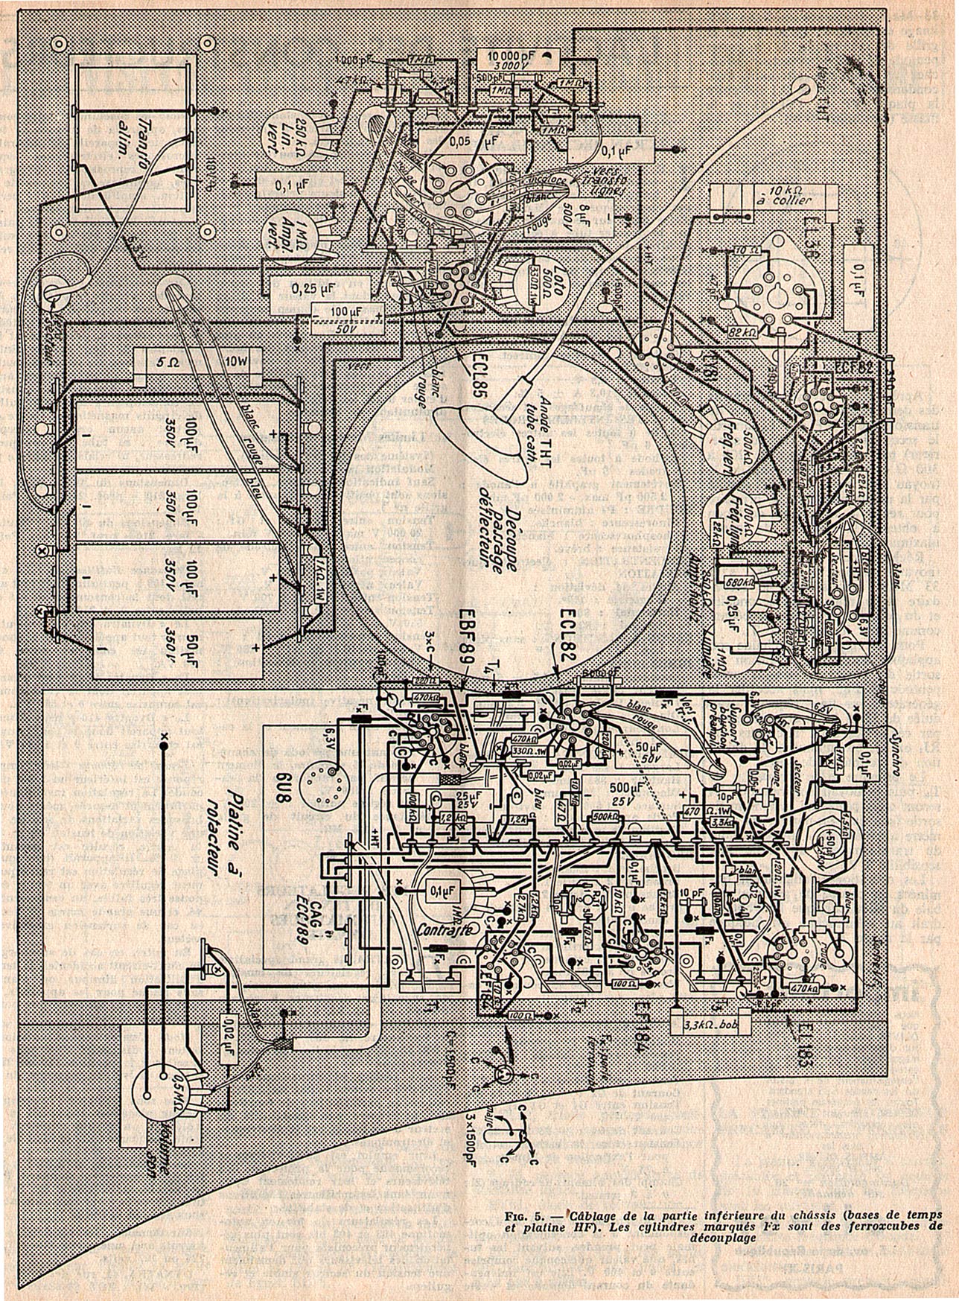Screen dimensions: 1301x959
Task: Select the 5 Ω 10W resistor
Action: (197, 366)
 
